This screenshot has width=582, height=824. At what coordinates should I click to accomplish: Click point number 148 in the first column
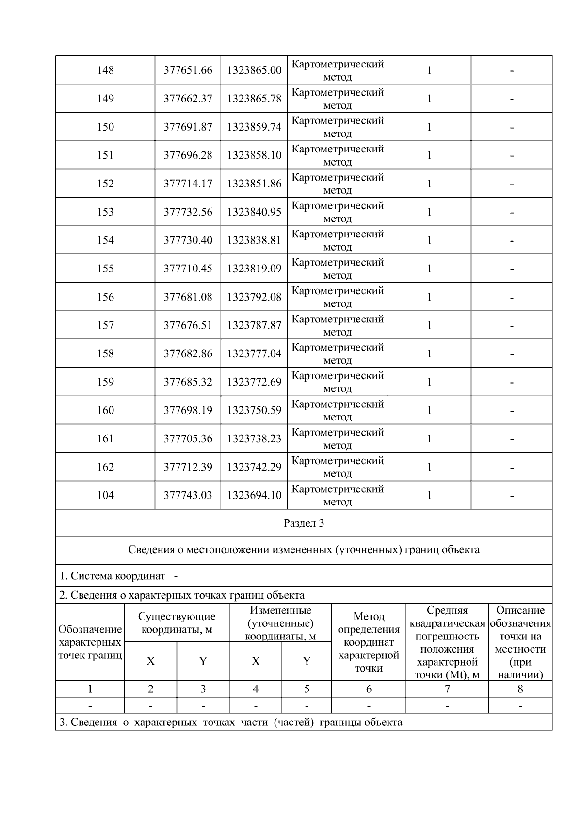[105, 70]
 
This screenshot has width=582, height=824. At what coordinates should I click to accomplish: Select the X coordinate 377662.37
[188, 99]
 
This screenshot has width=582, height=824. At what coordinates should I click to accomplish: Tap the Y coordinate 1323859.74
[254, 127]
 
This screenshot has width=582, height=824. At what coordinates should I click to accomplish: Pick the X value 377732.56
[188, 212]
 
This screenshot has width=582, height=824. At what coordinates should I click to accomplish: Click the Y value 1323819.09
[254, 269]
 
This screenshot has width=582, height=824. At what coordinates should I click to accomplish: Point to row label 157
[105, 325]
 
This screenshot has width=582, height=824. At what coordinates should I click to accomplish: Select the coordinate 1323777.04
[254, 353]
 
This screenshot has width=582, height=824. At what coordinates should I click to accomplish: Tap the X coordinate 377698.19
[188, 410]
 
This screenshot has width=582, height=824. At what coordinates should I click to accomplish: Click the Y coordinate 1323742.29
[254, 467]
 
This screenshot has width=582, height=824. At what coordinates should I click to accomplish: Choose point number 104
[105, 495]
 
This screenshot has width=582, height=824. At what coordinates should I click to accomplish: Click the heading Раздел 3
[304, 523]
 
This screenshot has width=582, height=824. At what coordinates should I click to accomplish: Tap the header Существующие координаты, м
[177, 623]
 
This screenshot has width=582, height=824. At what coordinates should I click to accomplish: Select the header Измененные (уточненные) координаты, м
[280, 623]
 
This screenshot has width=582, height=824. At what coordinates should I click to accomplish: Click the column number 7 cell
[447, 689]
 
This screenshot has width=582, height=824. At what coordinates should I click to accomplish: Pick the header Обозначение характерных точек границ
[90, 642]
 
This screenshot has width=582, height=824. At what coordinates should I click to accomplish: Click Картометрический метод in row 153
[338, 212]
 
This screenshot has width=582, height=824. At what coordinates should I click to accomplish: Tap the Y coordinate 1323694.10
[254, 495]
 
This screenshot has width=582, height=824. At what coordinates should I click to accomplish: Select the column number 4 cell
[255, 689]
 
